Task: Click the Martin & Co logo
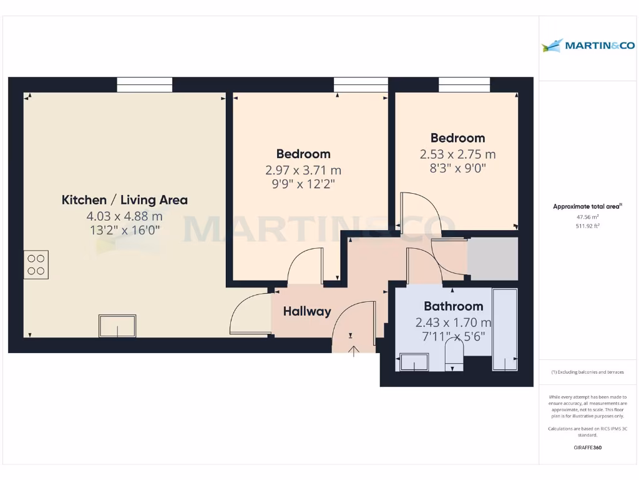coord(588,45)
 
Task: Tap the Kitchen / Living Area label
coord(124,200)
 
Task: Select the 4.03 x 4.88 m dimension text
coord(124,216)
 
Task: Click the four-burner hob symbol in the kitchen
coord(36,264)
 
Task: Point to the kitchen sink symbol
coord(117,326)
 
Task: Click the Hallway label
coord(306,311)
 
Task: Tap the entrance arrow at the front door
coord(354,351)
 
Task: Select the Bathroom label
coord(453,306)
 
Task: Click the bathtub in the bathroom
coord(504,329)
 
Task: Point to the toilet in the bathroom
coord(454,359)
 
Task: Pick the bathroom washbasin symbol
coord(413,362)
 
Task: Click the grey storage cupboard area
coord(493,259)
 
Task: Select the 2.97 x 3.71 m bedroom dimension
coord(303,169)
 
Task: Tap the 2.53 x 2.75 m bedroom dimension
coord(457,154)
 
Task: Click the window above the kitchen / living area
coord(144,84)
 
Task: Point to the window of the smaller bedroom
coord(464,84)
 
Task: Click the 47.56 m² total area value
coord(587,216)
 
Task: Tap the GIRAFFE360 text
coord(587,447)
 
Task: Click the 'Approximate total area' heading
coord(587,206)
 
